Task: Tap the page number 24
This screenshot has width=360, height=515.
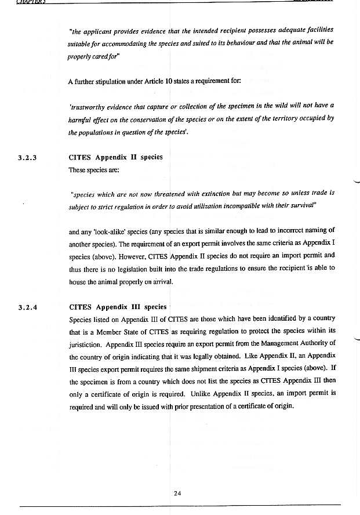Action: click(x=177, y=494)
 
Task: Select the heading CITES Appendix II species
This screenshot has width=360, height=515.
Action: click(x=116, y=157)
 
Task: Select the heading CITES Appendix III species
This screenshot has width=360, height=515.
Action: click(x=118, y=307)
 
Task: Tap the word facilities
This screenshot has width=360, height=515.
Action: click(x=315, y=29)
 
